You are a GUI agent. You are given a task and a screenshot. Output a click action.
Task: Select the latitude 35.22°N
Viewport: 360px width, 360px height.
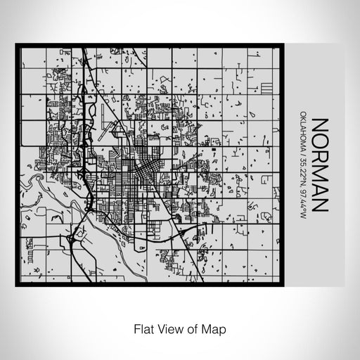[302, 180]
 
